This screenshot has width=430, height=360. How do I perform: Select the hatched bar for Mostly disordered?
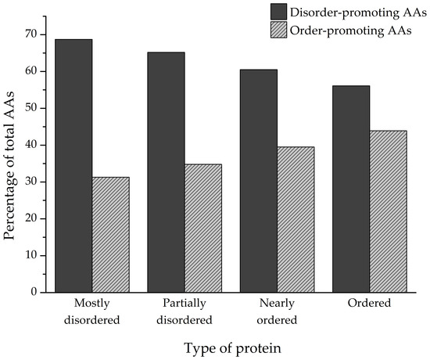click(x=110, y=234)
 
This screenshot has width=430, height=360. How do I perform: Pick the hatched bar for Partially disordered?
click(x=203, y=228)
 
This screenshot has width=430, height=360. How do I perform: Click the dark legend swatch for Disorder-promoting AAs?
click(x=281, y=11)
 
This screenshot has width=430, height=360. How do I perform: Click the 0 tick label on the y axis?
click(x=34, y=292)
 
